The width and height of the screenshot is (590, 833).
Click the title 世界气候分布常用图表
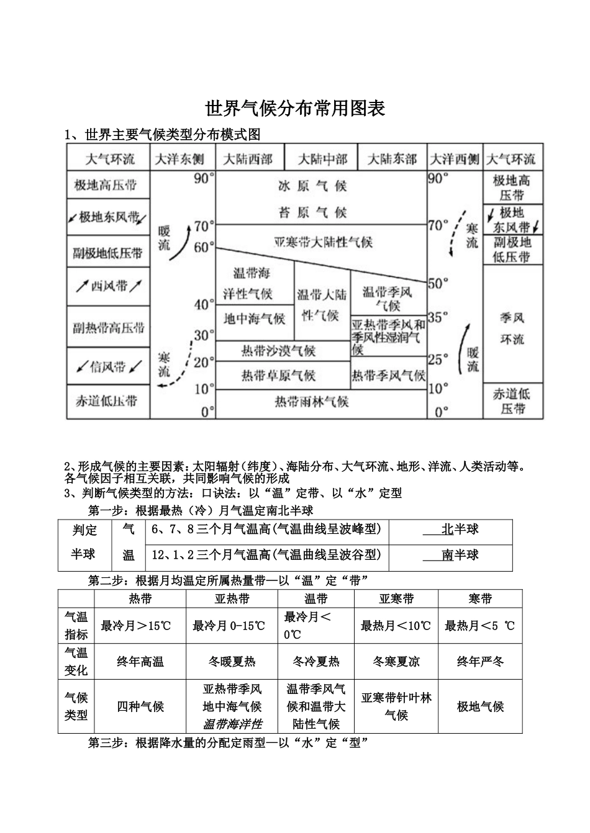(x=295, y=109)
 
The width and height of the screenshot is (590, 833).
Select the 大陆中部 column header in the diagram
(x=322, y=159)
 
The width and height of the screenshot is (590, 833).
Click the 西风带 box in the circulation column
(x=109, y=286)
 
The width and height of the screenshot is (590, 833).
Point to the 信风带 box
(x=109, y=366)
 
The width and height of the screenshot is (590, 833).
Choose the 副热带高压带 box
(x=109, y=327)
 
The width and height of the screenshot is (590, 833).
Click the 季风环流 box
(x=512, y=328)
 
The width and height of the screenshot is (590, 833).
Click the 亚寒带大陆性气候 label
(x=323, y=241)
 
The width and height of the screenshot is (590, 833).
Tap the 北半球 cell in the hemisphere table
(x=460, y=529)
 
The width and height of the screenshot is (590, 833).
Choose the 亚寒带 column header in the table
(x=396, y=599)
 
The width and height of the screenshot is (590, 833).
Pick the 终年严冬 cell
(x=480, y=662)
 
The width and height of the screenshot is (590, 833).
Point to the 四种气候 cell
(x=140, y=706)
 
